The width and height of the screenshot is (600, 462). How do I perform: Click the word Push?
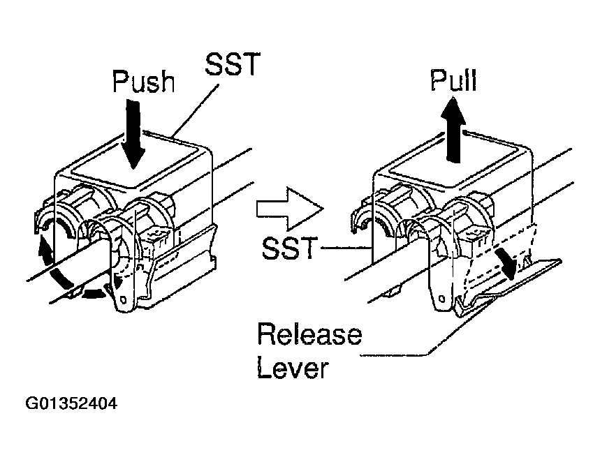[142, 82]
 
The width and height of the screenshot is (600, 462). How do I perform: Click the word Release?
[309, 334]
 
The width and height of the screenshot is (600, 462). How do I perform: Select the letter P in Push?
[120, 82]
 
